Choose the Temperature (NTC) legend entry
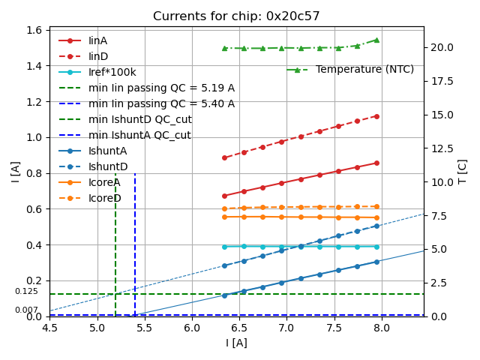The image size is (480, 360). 364,69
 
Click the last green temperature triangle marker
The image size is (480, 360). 376,40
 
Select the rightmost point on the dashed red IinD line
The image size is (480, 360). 376,116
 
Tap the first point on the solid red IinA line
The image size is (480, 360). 224,196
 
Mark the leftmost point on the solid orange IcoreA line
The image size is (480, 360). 224,217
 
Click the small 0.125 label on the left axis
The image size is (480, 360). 26,292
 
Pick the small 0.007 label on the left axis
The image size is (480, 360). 26,310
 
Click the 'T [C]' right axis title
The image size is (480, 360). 463,171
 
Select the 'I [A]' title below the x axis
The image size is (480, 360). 236,343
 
